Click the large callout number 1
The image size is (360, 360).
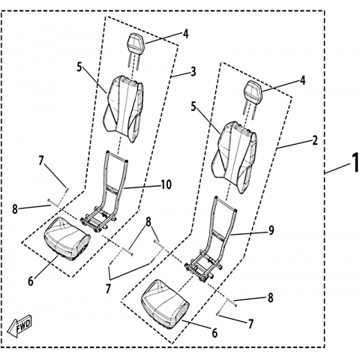point(355,163)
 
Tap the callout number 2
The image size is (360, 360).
point(315,140)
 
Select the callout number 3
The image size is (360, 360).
point(193,72)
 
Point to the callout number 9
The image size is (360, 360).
point(271,230)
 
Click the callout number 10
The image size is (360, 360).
point(166,184)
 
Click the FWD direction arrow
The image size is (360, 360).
point(19,325)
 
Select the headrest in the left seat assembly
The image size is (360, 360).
point(135,50)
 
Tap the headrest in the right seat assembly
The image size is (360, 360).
point(252,98)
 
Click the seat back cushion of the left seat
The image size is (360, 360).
point(124,108)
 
